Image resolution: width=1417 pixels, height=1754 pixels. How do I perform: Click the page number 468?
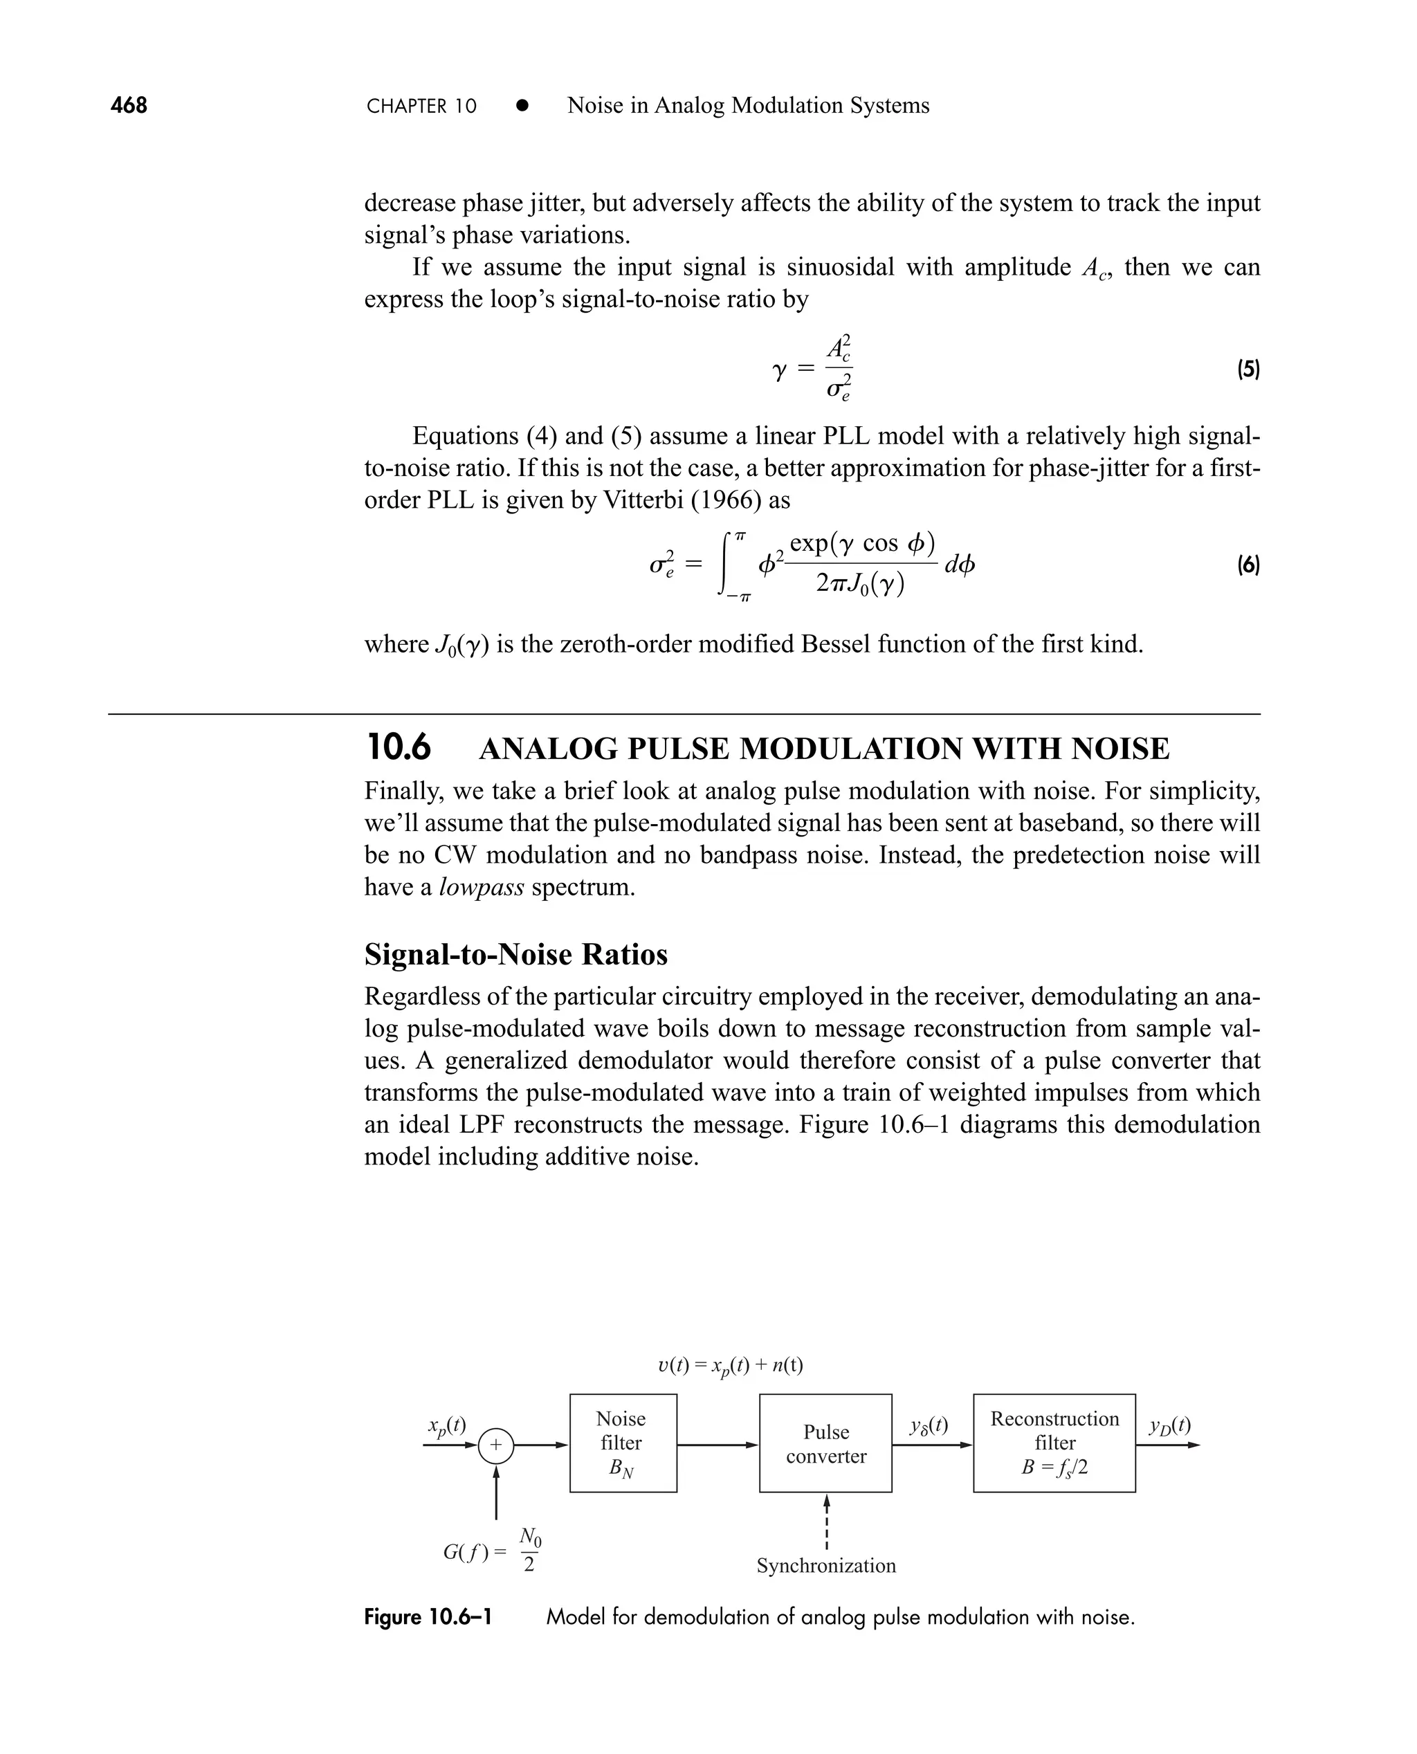(129, 105)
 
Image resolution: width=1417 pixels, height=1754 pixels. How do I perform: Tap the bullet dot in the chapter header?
(522, 106)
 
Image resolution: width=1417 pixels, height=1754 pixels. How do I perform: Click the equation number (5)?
(1248, 369)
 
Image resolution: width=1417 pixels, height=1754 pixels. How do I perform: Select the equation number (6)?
(1248, 565)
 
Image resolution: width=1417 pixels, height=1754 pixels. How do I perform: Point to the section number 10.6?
(399, 748)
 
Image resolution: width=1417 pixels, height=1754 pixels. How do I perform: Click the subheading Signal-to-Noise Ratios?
(516, 954)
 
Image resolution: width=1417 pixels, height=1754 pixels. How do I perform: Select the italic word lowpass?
(481, 887)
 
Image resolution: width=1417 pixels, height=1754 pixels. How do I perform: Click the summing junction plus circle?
(495, 1445)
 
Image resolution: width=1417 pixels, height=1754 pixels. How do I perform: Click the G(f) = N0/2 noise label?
(492, 1551)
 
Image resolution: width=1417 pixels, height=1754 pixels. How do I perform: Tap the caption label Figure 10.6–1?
(428, 1617)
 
